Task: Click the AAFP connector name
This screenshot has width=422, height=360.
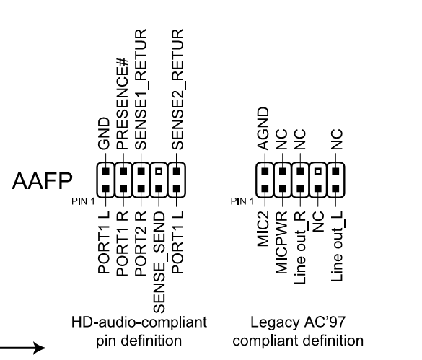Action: tap(43, 181)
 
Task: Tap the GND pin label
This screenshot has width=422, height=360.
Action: tap(104, 133)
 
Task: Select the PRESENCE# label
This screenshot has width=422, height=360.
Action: tap(122, 104)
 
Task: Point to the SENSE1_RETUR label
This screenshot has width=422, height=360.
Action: tap(141, 89)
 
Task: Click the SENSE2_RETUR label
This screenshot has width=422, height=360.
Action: tap(178, 89)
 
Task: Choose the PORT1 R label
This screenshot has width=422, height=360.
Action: tap(122, 243)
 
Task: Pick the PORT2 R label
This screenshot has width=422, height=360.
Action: tap(141, 243)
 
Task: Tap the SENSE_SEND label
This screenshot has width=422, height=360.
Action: tap(160, 263)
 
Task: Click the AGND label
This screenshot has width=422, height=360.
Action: tap(263, 128)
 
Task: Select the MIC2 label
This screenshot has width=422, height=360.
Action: tap(263, 229)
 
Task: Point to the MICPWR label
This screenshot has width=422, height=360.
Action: tap(281, 242)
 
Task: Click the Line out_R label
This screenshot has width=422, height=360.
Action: tap(301, 247)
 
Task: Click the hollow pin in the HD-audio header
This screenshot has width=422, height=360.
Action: tap(159, 171)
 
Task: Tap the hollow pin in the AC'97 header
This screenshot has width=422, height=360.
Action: tap(318, 171)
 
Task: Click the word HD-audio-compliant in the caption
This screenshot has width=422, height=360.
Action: tap(139, 322)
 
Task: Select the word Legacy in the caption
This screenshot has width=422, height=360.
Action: tap(275, 322)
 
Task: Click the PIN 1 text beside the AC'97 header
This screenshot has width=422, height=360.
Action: tap(242, 201)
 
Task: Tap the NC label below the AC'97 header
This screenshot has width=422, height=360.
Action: tap(319, 221)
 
